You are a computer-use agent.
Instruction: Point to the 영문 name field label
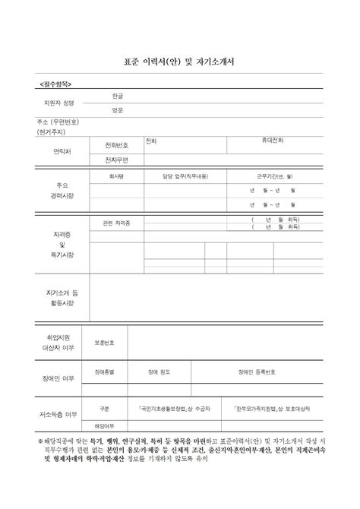pyautogui.click(x=118, y=110)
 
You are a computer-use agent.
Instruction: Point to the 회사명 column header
pyautogui.click(x=117, y=176)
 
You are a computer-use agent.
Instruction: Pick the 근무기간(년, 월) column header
pyautogui.click(x=275, y=176)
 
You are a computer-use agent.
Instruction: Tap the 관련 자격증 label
pyautogui.click(x=117, y=223)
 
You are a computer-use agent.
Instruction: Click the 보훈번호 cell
pyautogui.click(x=105, y=342)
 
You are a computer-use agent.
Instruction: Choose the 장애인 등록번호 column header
pyautogui.click(x=262, y=372)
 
